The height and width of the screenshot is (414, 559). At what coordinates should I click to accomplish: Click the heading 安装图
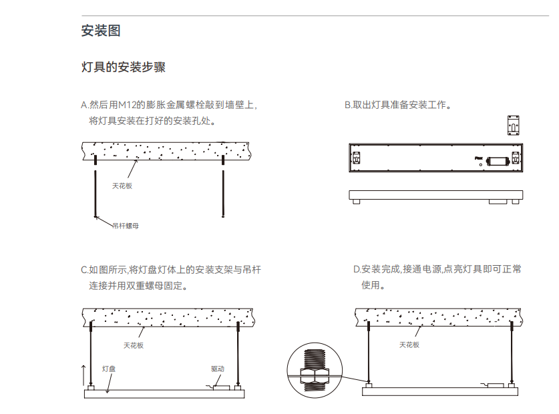coord(100,31)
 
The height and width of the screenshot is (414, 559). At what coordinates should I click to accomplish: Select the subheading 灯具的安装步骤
coord(123,67)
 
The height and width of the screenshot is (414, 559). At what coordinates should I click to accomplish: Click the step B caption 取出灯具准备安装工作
coord(399,105)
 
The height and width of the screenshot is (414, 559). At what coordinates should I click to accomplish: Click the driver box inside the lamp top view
coord(498,160)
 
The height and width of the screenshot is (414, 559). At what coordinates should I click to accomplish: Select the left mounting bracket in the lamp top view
coord(357,159)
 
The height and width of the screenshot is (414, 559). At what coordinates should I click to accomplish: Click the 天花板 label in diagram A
coord(122,186)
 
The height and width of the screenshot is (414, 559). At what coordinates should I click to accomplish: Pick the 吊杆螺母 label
coord(126,226)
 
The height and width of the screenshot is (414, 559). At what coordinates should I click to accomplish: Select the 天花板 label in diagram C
coord(133,345)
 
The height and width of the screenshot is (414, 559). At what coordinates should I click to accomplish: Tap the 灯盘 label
coord(109,368)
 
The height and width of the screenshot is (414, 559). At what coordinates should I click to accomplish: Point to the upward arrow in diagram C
coord(83,376)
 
